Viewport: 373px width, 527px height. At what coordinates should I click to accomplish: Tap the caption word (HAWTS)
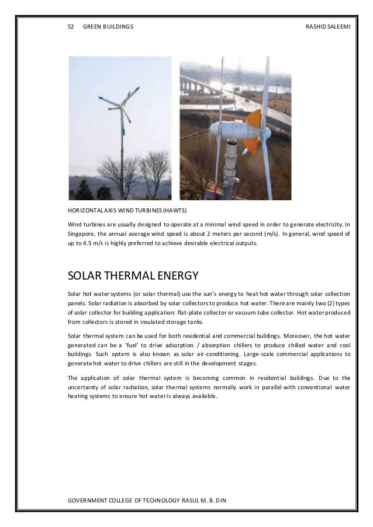point(195,211)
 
